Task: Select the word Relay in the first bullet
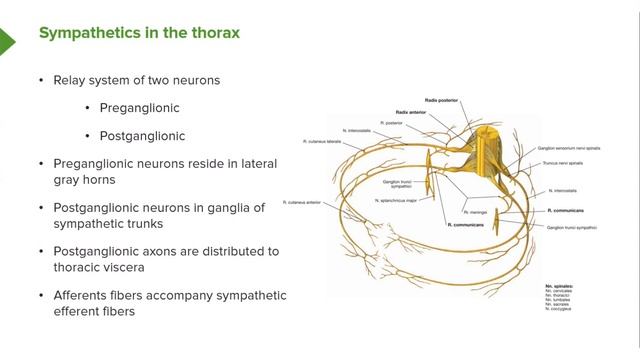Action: tap(72, 79)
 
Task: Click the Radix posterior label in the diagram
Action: tap(440, 101)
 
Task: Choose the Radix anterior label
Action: tap(411, 112)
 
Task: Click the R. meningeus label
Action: tap(474, 212)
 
